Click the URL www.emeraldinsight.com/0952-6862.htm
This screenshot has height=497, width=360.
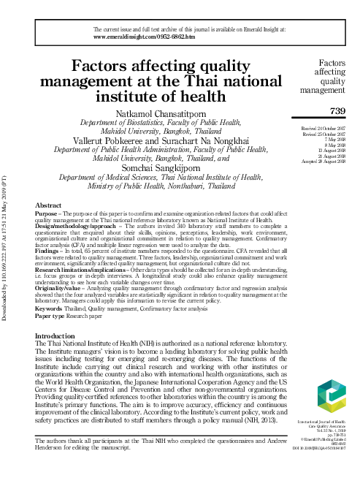(145, 35)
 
